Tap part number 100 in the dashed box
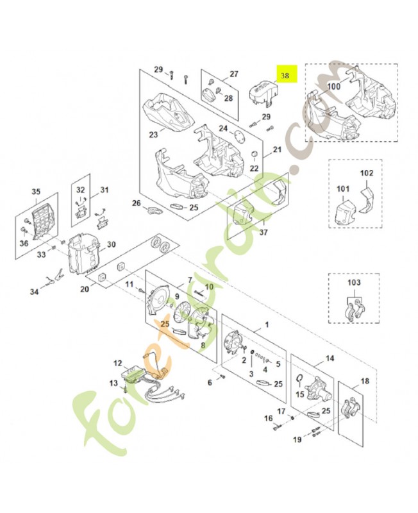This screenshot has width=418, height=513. pos(334,86)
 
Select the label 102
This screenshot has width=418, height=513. pos(366,173)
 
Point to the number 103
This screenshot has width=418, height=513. pos(355,283)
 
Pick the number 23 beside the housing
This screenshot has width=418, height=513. pos(153,135)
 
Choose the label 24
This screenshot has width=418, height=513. pos(222,128)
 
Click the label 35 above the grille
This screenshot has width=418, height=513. pos(36,191)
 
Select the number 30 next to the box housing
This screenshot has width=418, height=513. pos(111,244)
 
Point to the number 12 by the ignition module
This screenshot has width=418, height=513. pos(117,364)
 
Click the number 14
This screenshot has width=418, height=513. pos(330,359)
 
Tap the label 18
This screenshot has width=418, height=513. pos(365,382)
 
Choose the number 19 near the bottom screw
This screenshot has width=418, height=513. pos(297,439)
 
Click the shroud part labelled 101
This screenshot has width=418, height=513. pos(343,212)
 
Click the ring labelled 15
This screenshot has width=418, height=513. pos(299,378)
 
